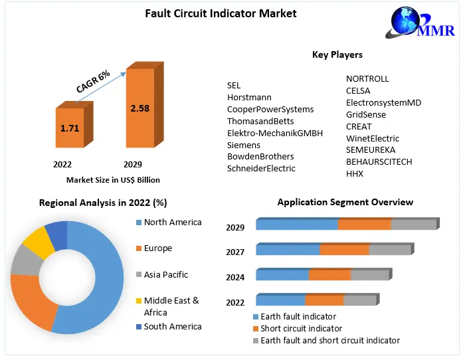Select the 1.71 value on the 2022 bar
click(x=70, y=128)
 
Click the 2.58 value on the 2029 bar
click(x=140, y=108)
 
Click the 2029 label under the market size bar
click(x=133, y=164)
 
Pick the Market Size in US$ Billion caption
click(x=113, y=180)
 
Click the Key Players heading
click(x=337, y=54)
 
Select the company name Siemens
click(x=244, y=145)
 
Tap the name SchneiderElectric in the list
click(x=261, y=169)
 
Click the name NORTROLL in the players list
click(x=367, y=78)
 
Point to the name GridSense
click(x=366, y=114)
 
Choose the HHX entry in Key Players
click(x=355, y=174)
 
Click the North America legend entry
click(x=172, y=222)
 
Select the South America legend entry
click(x=172, y=326)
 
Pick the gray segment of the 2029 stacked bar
click(x=413, y=225)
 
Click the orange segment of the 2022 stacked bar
click(x=324, y=300)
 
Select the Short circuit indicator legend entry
click(x=301, y=328)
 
